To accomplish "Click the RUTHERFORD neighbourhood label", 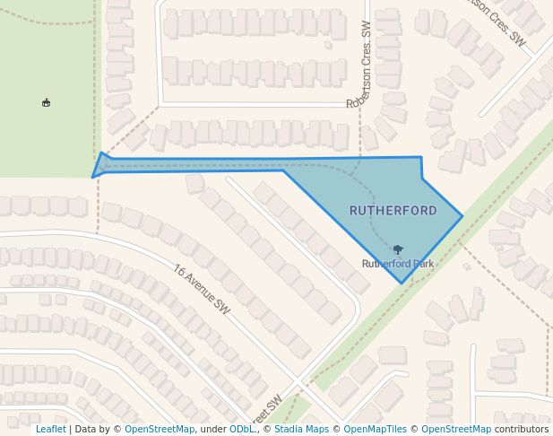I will tap(393, 211).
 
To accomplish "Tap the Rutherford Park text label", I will tap(398, 264).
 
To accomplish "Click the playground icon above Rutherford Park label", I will tap(398, 249).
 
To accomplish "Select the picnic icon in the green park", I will tap(46, 103).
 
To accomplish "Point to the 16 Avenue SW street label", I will tap(202, 289).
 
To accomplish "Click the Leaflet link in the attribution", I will tap(50, 430).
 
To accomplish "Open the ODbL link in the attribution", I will tap(241, 430).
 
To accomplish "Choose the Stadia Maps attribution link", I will tap(301, 430).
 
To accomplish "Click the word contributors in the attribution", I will tap(522, 430).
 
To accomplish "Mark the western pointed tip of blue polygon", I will tap(93, 176).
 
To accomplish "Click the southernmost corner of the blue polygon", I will tap(402, 283).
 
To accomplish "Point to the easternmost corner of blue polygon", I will tap(462, 215).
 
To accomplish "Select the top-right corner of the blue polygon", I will tap(421, 157).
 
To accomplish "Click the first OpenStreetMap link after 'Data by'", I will tap(160, 430).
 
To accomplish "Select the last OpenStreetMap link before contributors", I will tap(456, 430).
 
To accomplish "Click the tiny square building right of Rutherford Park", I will tap(466, 266).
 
